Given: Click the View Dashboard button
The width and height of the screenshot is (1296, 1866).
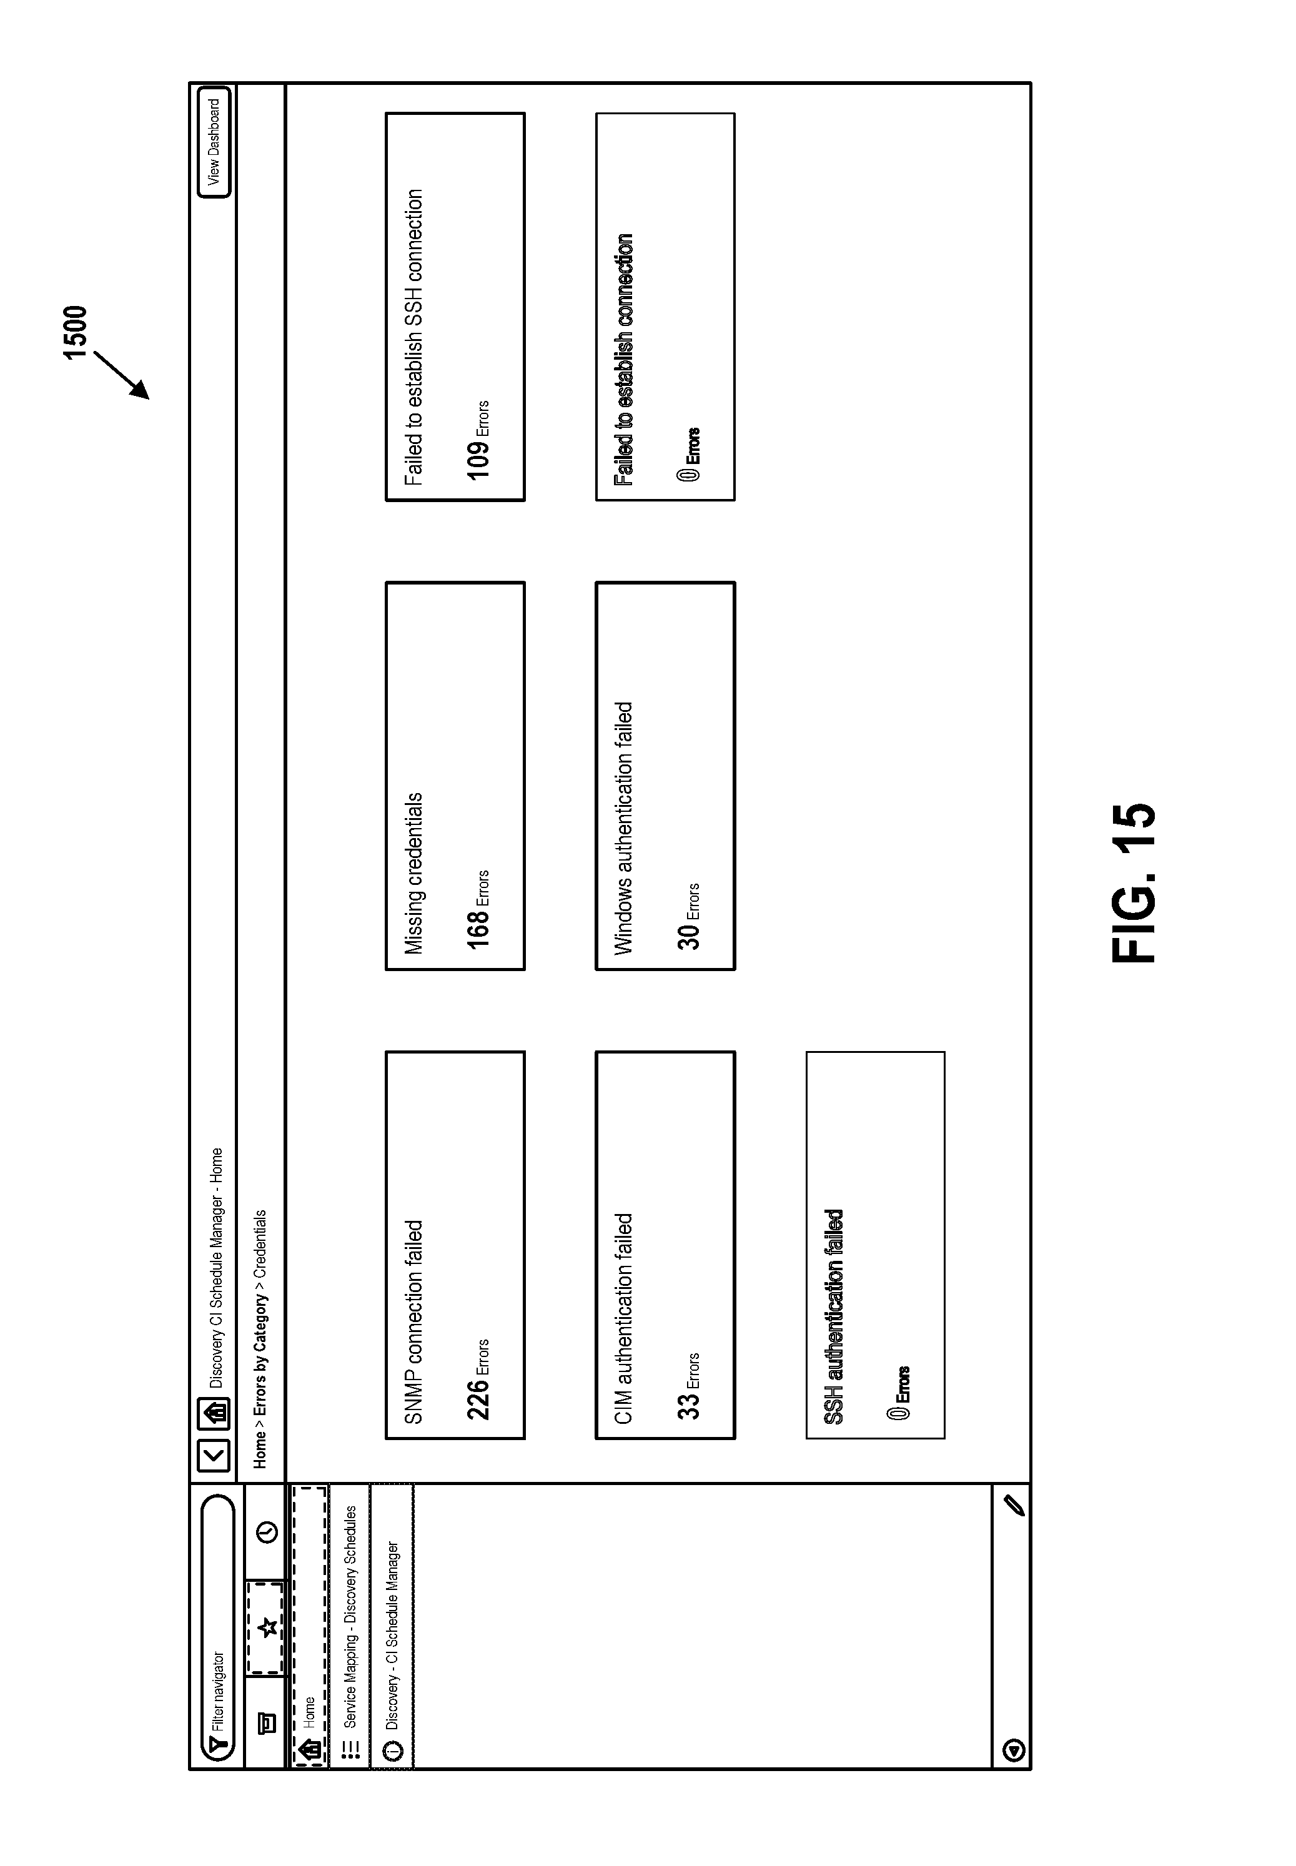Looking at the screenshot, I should coord(214,143).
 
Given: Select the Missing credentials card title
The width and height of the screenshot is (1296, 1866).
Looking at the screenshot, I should coord(413,874).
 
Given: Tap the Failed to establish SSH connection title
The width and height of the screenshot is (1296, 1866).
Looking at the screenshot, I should coord(413,338).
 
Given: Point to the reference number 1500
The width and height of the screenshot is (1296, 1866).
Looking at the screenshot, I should coord(75,332).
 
